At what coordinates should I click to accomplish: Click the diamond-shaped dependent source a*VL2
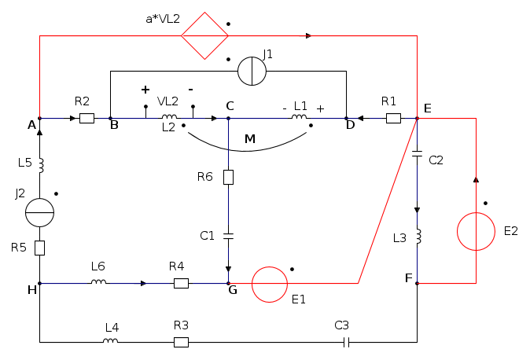point(204,35)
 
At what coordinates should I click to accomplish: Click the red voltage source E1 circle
point(270,285)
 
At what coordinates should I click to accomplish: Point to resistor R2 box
point(86,119)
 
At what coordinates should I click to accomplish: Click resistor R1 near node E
point(393,119)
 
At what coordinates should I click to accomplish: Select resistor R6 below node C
point(228,177)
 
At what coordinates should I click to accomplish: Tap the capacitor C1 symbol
point(228,234)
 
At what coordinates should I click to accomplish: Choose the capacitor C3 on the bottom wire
point(346,342)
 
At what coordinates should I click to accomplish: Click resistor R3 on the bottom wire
point(181,342)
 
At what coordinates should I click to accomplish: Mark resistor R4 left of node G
point(181,283)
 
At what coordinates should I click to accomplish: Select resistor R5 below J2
point(39,248)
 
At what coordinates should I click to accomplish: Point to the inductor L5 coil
point(40,165)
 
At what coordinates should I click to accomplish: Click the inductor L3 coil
point(418,236)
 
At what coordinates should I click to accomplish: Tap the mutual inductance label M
point(250,139)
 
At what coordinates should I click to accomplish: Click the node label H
point(31,290)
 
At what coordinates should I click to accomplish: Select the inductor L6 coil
point(98,282)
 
